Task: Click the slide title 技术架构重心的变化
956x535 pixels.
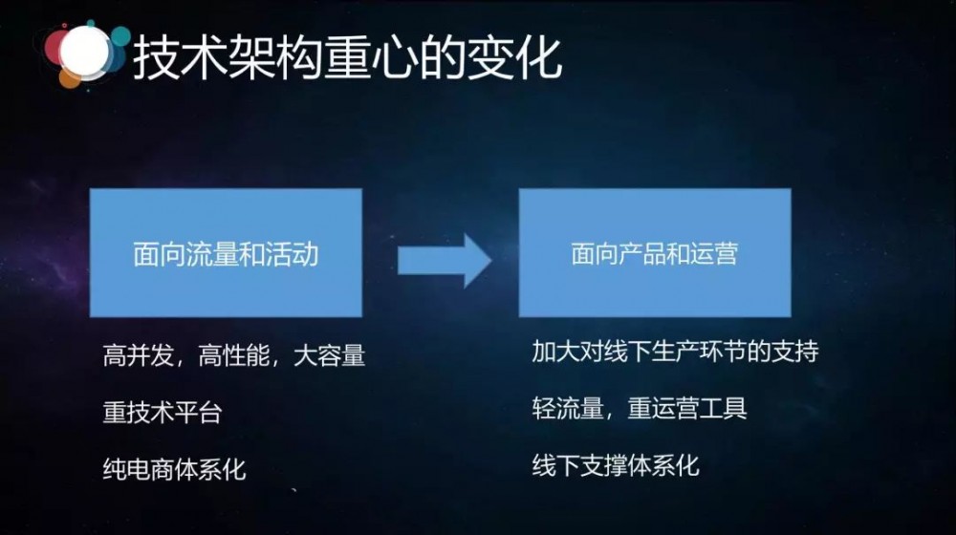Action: click(x=346, y=60)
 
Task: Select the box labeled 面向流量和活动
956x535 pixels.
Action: click(x=226, y=253)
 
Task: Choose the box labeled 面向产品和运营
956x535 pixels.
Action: click(x=655, y=253)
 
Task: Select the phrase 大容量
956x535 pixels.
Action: click(x=330, y=357)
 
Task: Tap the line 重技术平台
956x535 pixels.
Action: click(x=162, y=413)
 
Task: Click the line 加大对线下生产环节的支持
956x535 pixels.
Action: click(x=675, y=352)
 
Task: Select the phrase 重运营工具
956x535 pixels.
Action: click(x=687, y=408)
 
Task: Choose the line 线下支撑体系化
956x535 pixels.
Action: click(x=616, y=465)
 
